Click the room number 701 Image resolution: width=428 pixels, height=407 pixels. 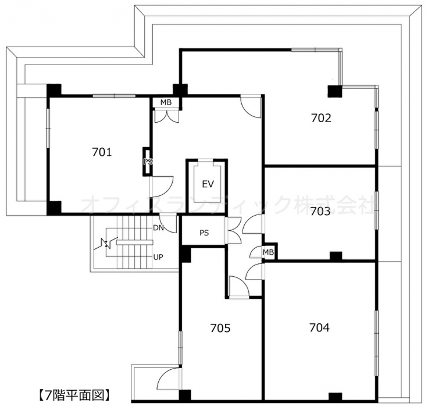point(102,152)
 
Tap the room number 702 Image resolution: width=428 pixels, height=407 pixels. point(321,118)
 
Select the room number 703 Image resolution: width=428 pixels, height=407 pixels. point(320,211)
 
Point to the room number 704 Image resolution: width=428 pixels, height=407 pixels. point(319,327)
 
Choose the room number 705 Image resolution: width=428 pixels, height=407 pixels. point(220,328)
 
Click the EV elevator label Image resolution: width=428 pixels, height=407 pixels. point(208,184)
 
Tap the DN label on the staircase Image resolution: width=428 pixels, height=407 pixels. point(158,228)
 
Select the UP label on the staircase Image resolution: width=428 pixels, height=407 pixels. point(158,257)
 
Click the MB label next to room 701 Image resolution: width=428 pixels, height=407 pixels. point(166,102)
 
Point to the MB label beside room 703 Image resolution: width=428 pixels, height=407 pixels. point(268,252)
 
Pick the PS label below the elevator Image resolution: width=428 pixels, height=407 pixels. point(204,233)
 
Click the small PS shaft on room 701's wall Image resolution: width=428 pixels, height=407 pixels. point(147,162)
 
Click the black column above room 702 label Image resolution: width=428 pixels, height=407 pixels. point(334,91)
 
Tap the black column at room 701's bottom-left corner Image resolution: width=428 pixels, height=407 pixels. point(54,208)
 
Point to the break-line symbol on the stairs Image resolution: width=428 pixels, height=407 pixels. point(106,244)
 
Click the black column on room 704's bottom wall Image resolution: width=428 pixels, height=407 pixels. point(335,397)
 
